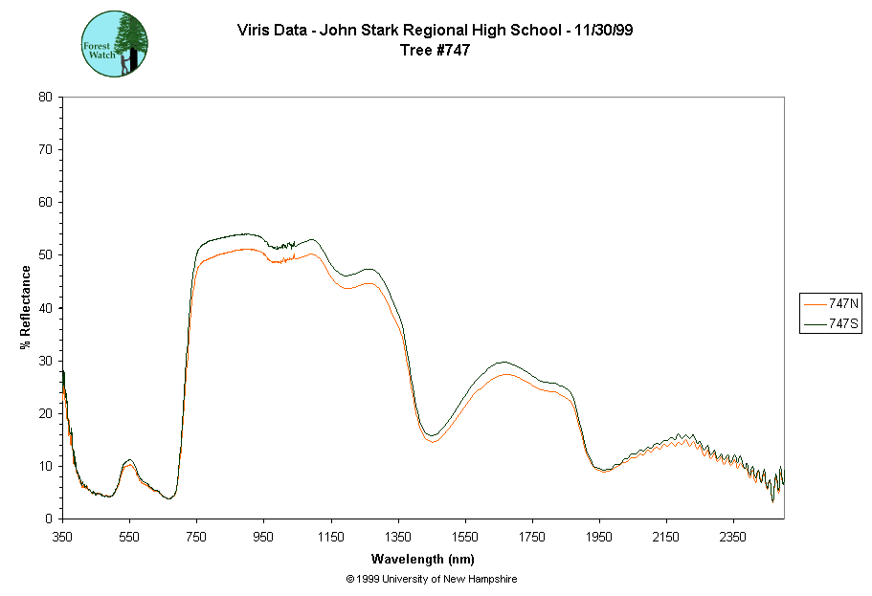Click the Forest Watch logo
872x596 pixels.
115,44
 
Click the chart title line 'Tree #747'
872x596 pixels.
436,51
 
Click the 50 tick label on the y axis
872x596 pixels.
45,254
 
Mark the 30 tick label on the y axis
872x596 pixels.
45,361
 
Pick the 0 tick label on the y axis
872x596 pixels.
49,519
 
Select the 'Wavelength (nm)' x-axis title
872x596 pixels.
423,559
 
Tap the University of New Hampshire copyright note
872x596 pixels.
432,579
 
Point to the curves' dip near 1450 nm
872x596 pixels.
432,437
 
